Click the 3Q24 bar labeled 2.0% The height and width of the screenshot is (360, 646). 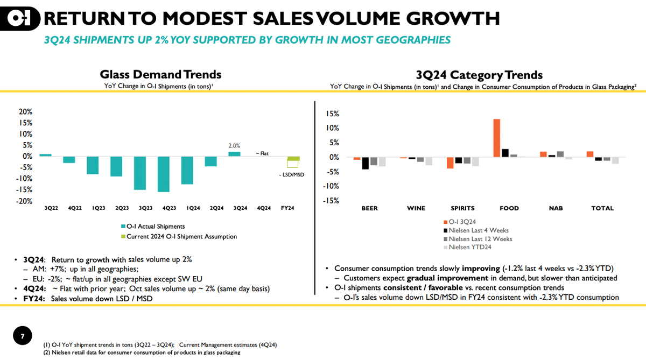click(234, 154)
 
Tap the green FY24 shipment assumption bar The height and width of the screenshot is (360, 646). click(293, 159)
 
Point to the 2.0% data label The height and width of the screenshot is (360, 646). click(234, 146)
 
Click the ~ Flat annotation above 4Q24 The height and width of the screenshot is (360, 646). click(262, 153)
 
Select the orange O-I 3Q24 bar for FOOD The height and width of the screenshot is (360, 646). click(496, 138)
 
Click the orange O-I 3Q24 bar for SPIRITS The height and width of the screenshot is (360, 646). click(450, 163)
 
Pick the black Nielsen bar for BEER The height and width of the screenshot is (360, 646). click(365, 163)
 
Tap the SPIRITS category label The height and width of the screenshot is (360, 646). click(462, 208)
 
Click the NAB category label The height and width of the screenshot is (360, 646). click(556, 208)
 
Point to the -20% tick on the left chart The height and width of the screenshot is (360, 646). click(25, 201)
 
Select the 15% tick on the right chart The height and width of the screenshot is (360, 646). click(331, 114)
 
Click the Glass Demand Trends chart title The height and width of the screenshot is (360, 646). click(160, 75)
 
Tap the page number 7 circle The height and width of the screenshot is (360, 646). click(23, 337)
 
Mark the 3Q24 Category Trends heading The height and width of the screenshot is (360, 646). click(479, 75)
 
